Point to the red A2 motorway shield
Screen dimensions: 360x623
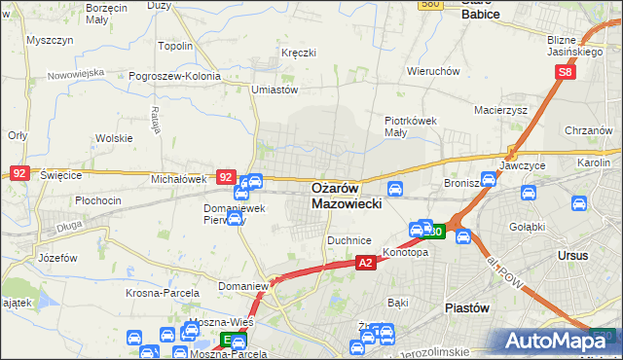[365, 263]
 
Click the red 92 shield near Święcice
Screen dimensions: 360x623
[19, 172]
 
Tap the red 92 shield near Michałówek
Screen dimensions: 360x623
[226, 177]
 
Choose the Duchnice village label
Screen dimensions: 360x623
[348, 239]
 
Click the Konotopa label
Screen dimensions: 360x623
[406, 251]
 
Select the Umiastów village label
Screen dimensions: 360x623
[274, 90]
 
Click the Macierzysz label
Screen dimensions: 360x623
[501, 110]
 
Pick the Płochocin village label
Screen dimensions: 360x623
[97, 200]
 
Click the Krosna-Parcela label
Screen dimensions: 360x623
[163, 292]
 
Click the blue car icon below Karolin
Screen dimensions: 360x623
[578, 204]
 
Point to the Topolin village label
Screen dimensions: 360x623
[175, 46]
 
